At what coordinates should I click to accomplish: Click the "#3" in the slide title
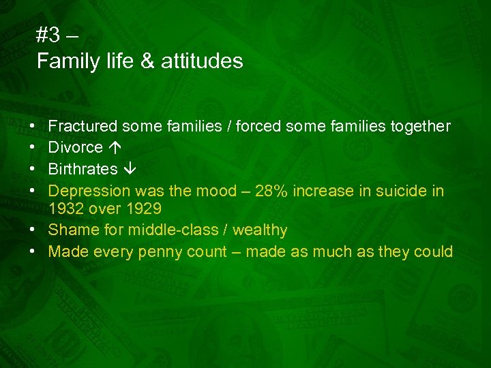tap(49, 35)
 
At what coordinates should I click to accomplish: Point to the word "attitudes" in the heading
tap(202, 61)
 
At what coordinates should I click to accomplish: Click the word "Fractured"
tap(83, 126)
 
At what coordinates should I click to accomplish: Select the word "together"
tap(419, 126)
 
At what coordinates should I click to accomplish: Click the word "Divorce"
tap(76, 147)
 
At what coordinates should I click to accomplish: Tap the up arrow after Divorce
tap(113, 147)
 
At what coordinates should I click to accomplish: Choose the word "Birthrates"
tap(83, 168)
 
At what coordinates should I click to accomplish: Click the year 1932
tap(65, 209)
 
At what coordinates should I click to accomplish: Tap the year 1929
tap(143, 209)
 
